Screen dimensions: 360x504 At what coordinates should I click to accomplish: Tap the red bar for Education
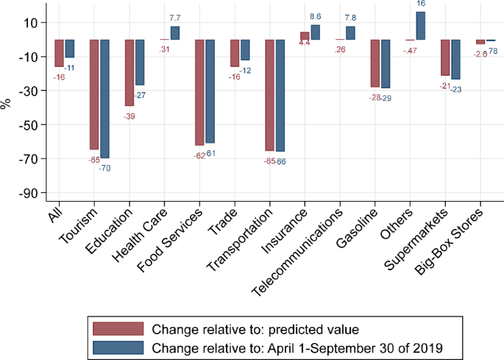129,73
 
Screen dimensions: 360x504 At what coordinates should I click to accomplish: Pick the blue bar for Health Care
174,33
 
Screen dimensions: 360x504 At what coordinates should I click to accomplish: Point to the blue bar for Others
420,26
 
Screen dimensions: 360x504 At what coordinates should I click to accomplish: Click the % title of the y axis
7,104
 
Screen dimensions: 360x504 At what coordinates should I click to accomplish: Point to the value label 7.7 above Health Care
175,17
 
